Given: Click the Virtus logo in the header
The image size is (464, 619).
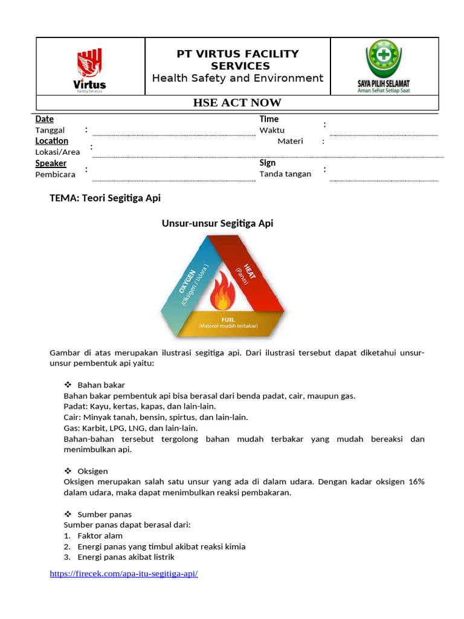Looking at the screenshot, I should (89, 70).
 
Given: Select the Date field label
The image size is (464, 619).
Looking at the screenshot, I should (44, 119).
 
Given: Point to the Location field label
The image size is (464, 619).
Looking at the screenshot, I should (51, 141).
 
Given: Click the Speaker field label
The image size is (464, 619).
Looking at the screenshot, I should (51, 163).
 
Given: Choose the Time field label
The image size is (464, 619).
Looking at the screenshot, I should (269, 119).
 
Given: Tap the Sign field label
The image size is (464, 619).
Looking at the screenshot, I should (267, 163).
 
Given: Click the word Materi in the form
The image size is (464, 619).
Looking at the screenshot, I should (290, 141).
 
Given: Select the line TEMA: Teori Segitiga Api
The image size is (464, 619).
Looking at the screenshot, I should (105, 198).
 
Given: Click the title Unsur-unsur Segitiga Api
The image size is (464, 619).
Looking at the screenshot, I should (217, 224).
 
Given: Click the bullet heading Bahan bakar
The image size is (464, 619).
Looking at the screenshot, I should (101, 385).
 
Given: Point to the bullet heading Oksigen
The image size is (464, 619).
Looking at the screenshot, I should (93, 471).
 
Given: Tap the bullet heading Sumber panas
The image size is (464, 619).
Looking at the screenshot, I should (105, 514).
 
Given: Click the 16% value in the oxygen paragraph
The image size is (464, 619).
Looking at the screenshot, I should (416, 482).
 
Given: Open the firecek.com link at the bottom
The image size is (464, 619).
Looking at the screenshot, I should (124, 573).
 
